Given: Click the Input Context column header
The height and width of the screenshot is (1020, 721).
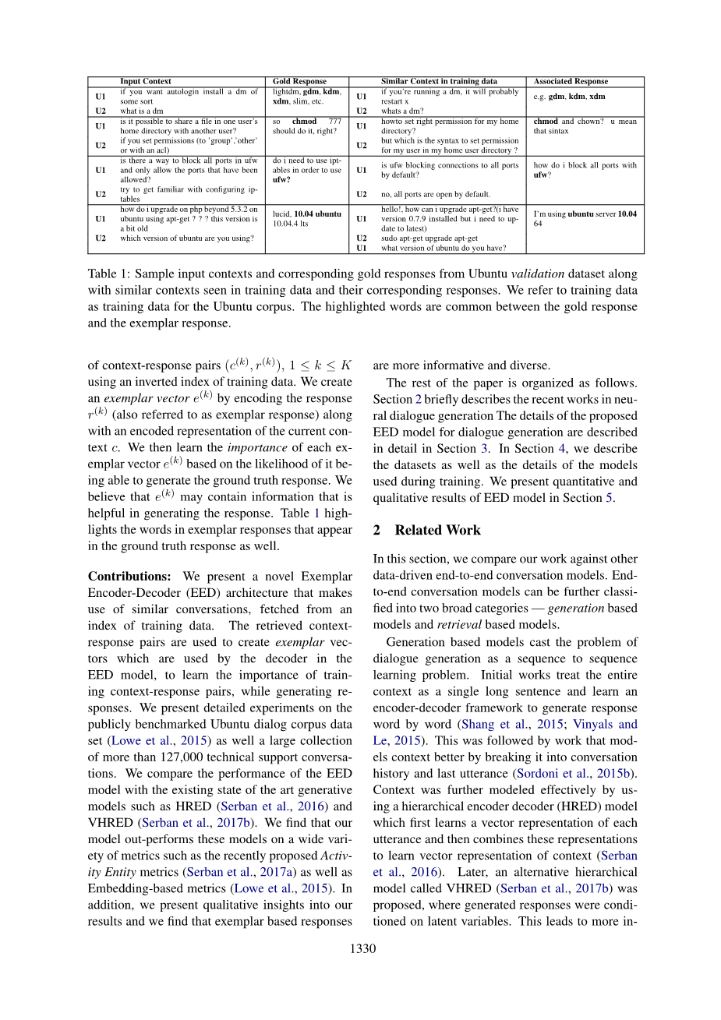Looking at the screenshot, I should coord(145,81).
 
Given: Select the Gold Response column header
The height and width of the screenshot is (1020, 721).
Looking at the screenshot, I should coord(299,81).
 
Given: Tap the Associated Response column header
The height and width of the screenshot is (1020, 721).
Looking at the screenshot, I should coord(571,81).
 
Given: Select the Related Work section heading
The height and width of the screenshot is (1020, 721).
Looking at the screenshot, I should coord(437,530).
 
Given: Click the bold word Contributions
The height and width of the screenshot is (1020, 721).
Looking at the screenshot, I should coord(129,577).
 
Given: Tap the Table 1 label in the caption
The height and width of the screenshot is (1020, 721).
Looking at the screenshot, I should coord(108,274).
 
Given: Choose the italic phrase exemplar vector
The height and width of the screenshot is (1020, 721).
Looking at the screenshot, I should coord(147,398).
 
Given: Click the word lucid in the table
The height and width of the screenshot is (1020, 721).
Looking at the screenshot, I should coord(281,214).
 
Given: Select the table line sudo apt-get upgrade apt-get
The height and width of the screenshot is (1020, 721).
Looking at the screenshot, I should coord(429,238).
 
